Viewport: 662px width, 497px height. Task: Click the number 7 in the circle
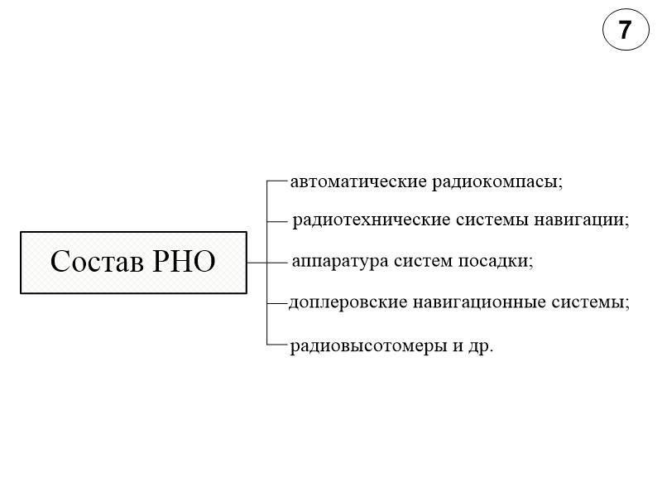(625, 31)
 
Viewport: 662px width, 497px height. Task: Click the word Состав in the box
(96, 262)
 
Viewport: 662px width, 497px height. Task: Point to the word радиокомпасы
(496, 181)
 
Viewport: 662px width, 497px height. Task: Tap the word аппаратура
(332, 262)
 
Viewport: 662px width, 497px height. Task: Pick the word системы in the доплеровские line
(591, 303)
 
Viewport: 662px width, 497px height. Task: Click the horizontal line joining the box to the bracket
(257, 263)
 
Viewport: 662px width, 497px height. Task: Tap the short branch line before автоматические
(277, 179)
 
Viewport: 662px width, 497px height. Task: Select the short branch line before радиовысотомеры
(277, 344)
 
